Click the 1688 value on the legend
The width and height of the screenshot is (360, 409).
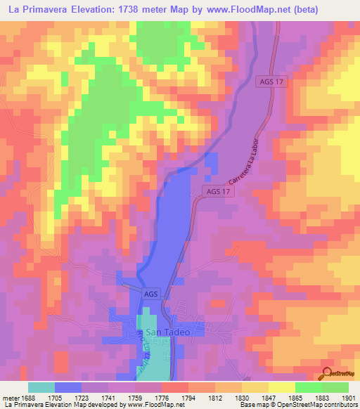[27, 397]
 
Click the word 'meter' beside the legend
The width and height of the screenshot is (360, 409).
[11, 397]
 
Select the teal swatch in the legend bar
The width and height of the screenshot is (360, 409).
[41, 387]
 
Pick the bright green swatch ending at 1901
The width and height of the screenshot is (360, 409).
[335, 387]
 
